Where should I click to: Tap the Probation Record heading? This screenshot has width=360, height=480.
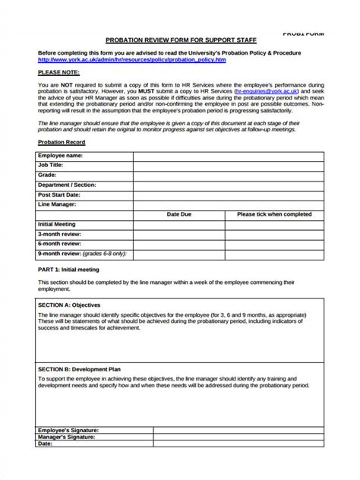(x=62, y=142)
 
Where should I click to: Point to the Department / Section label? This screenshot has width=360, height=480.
(x=68, y=185)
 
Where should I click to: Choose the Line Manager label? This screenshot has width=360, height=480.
(x=58, y=204)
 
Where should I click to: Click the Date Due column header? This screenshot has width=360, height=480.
(x=179, y=214)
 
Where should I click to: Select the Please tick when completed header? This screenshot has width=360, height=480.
(x=274, y=214)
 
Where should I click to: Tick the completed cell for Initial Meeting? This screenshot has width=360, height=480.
(x=274, y=224)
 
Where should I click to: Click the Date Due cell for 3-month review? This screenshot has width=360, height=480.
(x=179, y=234)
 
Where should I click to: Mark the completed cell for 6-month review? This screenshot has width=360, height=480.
(x=274, y=244)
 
